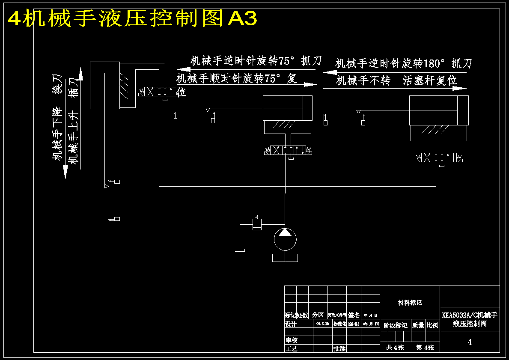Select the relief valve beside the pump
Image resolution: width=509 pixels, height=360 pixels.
pyautogui.click(x=257, y=224)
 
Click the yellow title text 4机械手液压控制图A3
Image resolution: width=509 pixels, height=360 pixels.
pyautogui.click(x=133, y=18)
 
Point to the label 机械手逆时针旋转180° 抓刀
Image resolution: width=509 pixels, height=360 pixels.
pyautogui.click(x=403, y=64)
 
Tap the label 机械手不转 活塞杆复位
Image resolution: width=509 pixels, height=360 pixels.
pyautogui.click(x=396, y=80)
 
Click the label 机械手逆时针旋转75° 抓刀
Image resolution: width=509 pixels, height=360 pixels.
pyautogui.click(x=256, y=61)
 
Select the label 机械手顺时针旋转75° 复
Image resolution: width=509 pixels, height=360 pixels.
pyautogui.click(x=236, y=78)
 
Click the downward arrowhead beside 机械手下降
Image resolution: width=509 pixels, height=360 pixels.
pyautogui.click(x=65, y=172)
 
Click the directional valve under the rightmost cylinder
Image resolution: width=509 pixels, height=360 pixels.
pyautogui.click(x=439, y=158)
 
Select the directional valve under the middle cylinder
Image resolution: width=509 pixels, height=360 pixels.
pyautogui.click(x=288, y=150)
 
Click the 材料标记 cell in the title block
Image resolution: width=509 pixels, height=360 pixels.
pyautogui.click(x=410, y=303)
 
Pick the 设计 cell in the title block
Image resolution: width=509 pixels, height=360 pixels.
pyautogui.click(x=291, y=324)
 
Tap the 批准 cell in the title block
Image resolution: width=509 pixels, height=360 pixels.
pyautogui.click(x=339, y=348)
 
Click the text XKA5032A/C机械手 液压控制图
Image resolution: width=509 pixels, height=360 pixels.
pyautogui.click(x=470, y=319)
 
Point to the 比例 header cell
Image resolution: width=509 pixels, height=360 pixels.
pyautogui.click(x=432, y=325)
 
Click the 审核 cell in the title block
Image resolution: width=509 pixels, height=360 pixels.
pyautogui.click(x=291, y=340)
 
